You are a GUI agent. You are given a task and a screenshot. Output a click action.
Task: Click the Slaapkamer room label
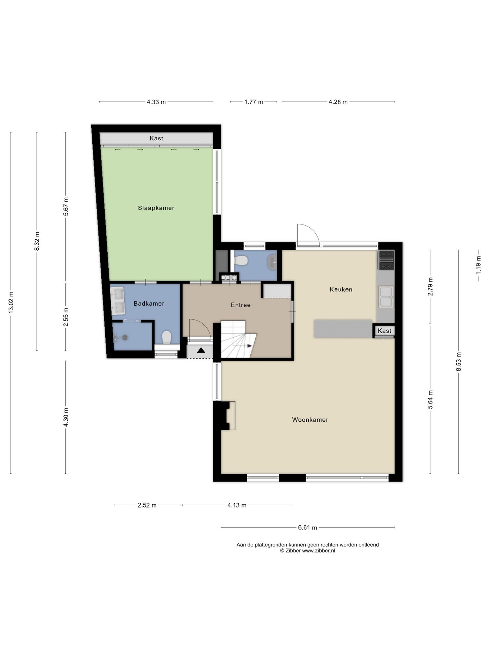pyautogui.click(x=156, y=208)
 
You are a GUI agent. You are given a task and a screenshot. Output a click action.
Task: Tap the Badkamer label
pyautogui.click(x=149, y=304)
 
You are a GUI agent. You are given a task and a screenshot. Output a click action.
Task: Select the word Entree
pyautogui.click(x=241, y=305)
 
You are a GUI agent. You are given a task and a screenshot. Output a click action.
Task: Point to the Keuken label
pyautogui.click(x=341, y=289)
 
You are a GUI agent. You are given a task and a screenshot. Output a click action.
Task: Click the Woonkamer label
pyautogui.click(x=310, y=420)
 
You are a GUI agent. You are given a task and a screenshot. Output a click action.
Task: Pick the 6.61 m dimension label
pyautogui.click(x=308, y=527)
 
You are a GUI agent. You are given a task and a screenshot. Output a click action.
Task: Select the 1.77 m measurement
pyautogui.click(x=254, y=102)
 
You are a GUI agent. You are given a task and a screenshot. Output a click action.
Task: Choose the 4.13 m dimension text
pyautogui.click(x=237, y=505)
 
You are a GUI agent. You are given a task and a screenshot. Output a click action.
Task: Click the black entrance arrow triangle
pyautogui.click(x=201, y=350)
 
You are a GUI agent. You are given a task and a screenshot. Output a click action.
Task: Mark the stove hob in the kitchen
pyautogui.click(x=386, y=260)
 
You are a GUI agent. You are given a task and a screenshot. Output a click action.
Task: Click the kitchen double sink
pyautogui.click(x=386, y=297)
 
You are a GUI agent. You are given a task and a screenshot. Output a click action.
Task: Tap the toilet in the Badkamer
pyautogui.click(x=166, y=338)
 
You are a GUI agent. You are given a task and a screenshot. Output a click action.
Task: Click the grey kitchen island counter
pyautogui.click(x=343, y=328)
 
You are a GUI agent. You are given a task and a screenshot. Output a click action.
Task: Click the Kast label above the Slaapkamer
pyautogui.click(x=157, y=138)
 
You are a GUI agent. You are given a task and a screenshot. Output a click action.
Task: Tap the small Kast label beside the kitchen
pyautogui.click(x=384, y=331)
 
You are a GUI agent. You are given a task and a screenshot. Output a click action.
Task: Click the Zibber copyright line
pyautogui.click(x=307, y=551)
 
